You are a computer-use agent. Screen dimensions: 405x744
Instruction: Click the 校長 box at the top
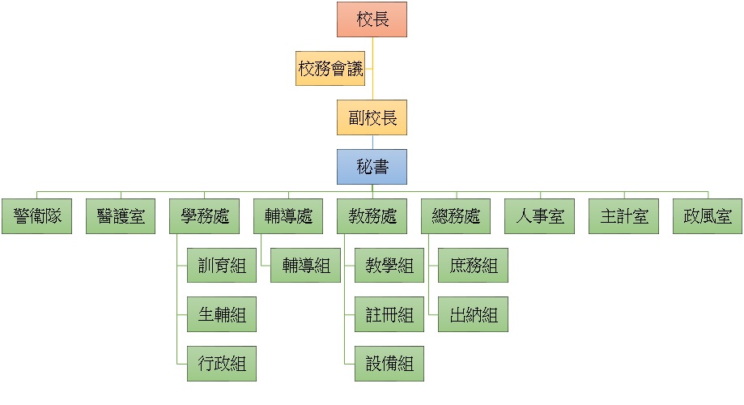tap(372, 19)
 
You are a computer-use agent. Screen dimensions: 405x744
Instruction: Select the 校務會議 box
tap(329, 69)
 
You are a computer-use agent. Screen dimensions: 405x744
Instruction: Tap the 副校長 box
tap(372, 117)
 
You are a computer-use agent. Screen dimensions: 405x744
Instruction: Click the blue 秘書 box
tap(372, 167)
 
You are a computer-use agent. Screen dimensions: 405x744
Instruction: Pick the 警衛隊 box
tap(36, 216)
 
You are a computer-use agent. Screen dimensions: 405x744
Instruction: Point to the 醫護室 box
tap(121, 216)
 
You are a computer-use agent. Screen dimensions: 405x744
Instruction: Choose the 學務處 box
tap(204, 216)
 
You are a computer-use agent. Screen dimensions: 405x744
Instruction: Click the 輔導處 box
tap(288, 216)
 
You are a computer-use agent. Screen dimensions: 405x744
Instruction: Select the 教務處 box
tap(372, 216)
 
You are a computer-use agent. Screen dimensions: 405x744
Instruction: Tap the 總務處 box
tap(456, 216)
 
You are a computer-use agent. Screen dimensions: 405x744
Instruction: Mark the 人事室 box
tap(539, 216)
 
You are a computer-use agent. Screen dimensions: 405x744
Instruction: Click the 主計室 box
tap(623, 216)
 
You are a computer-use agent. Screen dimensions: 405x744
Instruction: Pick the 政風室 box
tap(707, 216)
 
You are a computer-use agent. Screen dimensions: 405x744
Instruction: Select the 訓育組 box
tap(222, 266)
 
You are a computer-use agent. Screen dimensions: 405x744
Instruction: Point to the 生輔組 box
tap(222, 314)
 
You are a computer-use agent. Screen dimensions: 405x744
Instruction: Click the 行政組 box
tap(222, 363)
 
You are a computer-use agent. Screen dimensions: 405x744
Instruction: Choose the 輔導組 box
tap(305, 266)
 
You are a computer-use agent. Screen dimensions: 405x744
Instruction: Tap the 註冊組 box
tap(389, 314)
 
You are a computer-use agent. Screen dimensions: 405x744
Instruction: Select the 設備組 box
tap(389, 363)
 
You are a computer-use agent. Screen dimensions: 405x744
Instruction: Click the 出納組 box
tap(474, 314)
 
